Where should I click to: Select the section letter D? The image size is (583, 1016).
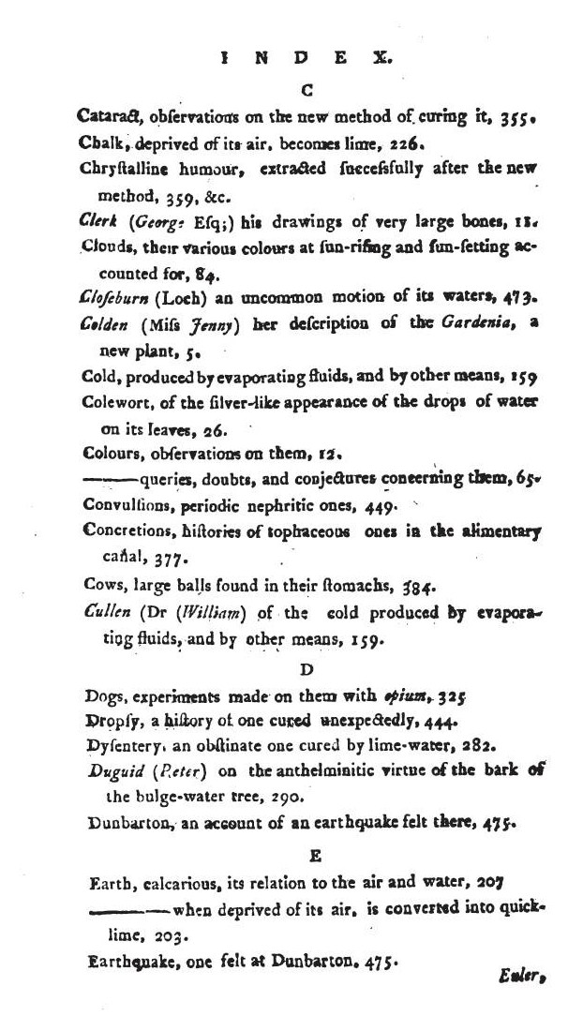(x=306, y=670)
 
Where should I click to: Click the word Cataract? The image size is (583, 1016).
(x=109, y=117)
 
